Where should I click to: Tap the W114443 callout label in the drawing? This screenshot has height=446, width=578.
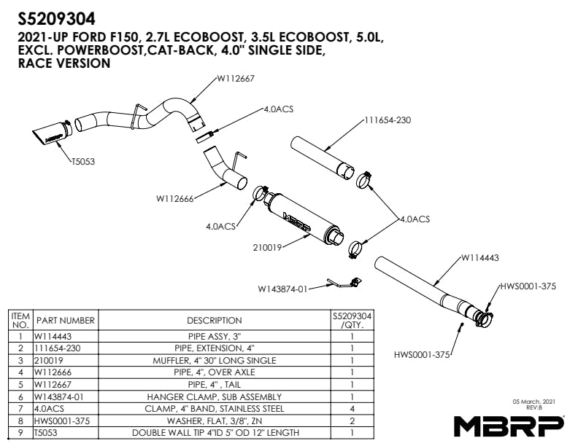click(x=479, y=257)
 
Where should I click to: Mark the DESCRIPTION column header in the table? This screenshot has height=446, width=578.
click(x=215, y=321)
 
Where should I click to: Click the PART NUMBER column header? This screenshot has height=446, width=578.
click(x=66, y=321)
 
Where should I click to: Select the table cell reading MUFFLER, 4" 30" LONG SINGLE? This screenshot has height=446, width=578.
click(x=215, y=361)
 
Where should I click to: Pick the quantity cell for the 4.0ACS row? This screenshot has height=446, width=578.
click(x=352, y=409)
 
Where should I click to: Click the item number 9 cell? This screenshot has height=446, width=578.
click(x=20, y=433)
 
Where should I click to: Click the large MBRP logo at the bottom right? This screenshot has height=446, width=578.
click(x=509, y=425)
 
